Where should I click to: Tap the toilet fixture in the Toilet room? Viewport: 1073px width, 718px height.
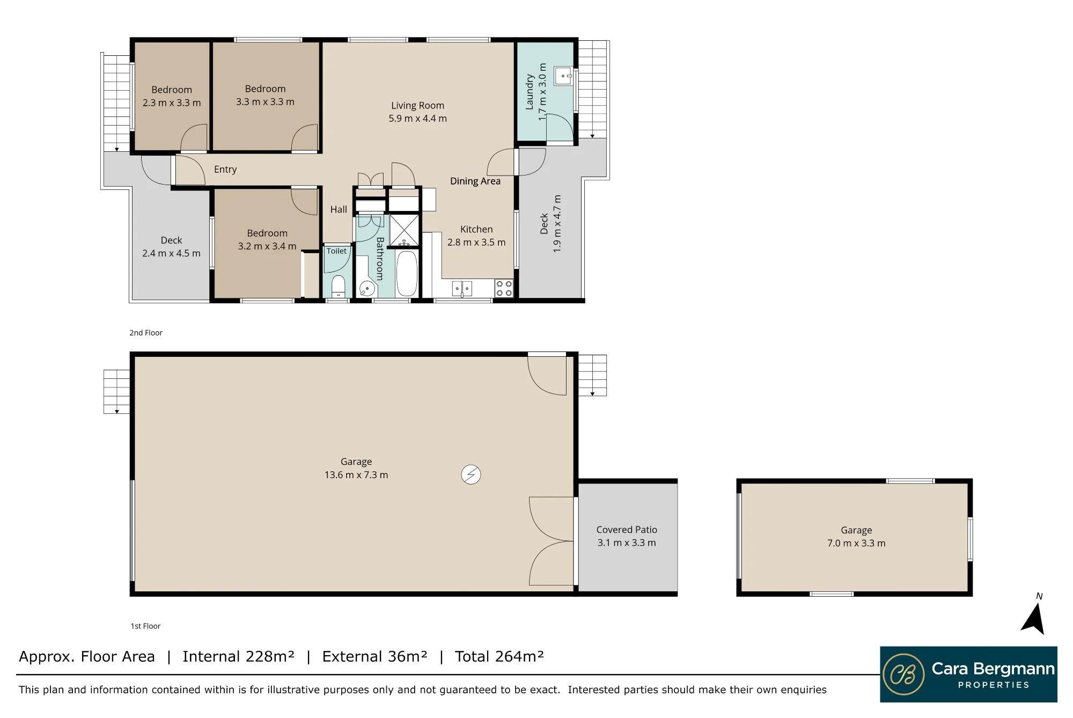(x=338, y=287)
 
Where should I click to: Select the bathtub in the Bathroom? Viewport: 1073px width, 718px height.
(x=407, y=274)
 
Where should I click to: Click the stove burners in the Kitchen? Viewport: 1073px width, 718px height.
(x=504, y=288)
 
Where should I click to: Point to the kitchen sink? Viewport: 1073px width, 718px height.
(x=462, y=289)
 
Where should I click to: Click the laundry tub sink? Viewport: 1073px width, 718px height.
(x=563, y=76)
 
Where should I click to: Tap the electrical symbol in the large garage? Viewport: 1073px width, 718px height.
(x=471, y=474)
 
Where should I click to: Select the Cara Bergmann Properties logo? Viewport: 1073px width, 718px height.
(x=968, y=674)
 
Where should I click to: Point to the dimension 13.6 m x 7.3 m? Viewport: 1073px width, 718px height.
(x=356, y=475)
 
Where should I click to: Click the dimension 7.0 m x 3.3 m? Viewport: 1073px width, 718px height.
(x=856, y=543)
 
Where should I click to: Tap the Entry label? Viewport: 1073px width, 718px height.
(x=225, y=170)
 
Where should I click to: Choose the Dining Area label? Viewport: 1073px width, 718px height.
(x=475, y=181)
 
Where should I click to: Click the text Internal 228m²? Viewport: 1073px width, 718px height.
(x=238, y=656)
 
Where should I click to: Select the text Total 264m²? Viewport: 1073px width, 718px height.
(x=499, y=656)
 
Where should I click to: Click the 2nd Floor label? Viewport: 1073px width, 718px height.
(x=146, y=333)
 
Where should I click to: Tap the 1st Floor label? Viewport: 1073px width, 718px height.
(x=145, y=626)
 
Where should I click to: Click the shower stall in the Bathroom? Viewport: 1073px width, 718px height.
(x=404, y=230)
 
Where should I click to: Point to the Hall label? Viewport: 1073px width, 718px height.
(x=339, y=209)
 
